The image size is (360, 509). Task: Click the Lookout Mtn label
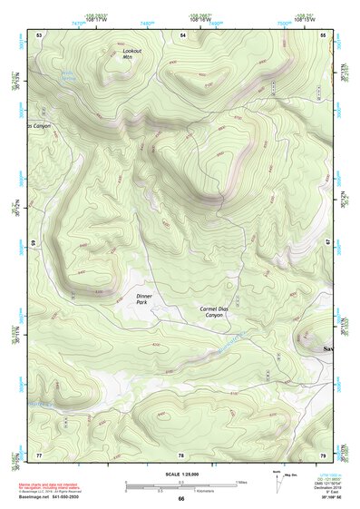pyautogui.click(x=132, y=54)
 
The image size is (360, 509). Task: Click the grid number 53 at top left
pyautogui.click(x=39, y=34)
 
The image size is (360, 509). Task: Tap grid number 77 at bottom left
pyautogui.click(x=39, y=454)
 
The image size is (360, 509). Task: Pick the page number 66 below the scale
pyautogui.click(x=180, y=498)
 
